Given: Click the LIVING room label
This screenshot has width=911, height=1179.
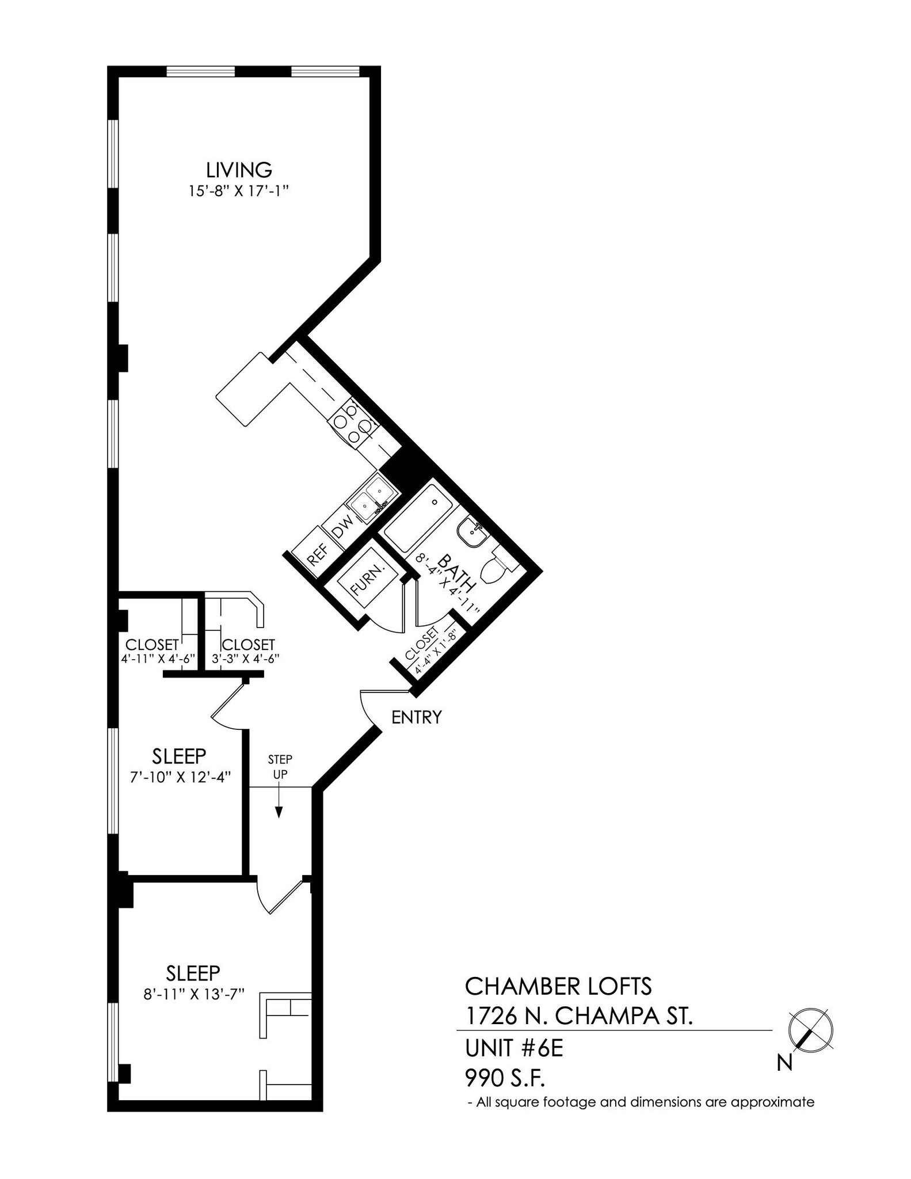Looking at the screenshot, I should click(x=239, y=170).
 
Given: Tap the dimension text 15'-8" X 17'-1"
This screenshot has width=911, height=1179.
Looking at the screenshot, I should click(x=238, y=191).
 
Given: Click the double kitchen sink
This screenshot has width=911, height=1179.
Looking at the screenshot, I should click(x=373, y=499).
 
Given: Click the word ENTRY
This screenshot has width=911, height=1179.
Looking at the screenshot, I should click(x=417, y=717).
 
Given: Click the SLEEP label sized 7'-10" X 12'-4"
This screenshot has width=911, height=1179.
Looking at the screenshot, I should click(x=179, y=755).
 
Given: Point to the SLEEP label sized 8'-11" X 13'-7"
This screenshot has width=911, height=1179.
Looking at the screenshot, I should click(x=193, y=973).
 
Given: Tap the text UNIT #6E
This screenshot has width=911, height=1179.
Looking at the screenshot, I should click(x=513, y=1049).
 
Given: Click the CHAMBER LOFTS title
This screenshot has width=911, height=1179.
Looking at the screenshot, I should click(x=558, y=987).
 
